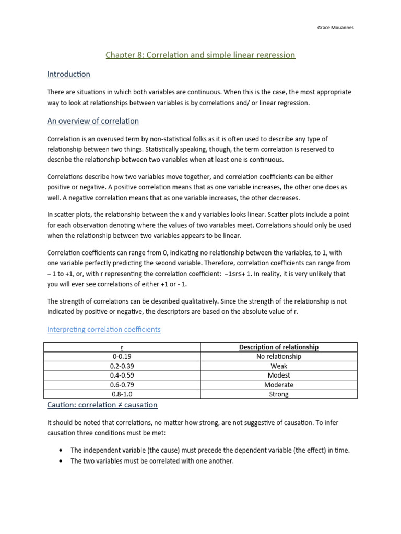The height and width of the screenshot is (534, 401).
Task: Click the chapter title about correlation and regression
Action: pyautogui.click(x=200, y=55)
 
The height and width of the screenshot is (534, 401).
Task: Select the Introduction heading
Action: pyautogui.click(x=68, y=74)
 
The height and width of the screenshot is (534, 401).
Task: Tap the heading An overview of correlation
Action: pyautogui.click(x=93, y=121)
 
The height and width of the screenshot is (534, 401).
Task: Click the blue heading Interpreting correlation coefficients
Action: pyautogui.click(x=104, y=329)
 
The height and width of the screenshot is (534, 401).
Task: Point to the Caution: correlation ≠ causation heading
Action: pyautogui.click(x=102, y=405)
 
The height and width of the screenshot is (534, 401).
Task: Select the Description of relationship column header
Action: pyautogui.click(x=278, y=347)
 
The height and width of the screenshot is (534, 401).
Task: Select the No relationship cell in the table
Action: pyautogui.click(x=278, y=357)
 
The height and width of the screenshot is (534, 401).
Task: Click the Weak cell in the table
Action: pyautogui.click(x=278, y=366)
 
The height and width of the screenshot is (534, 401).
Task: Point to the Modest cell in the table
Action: pyautogui.click(x=278, y=375)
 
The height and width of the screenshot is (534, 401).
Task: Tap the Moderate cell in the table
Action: pyautogui.click(x=278, y=385)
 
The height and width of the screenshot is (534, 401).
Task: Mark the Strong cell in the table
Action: pyautogui.click(x=278, y=394)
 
